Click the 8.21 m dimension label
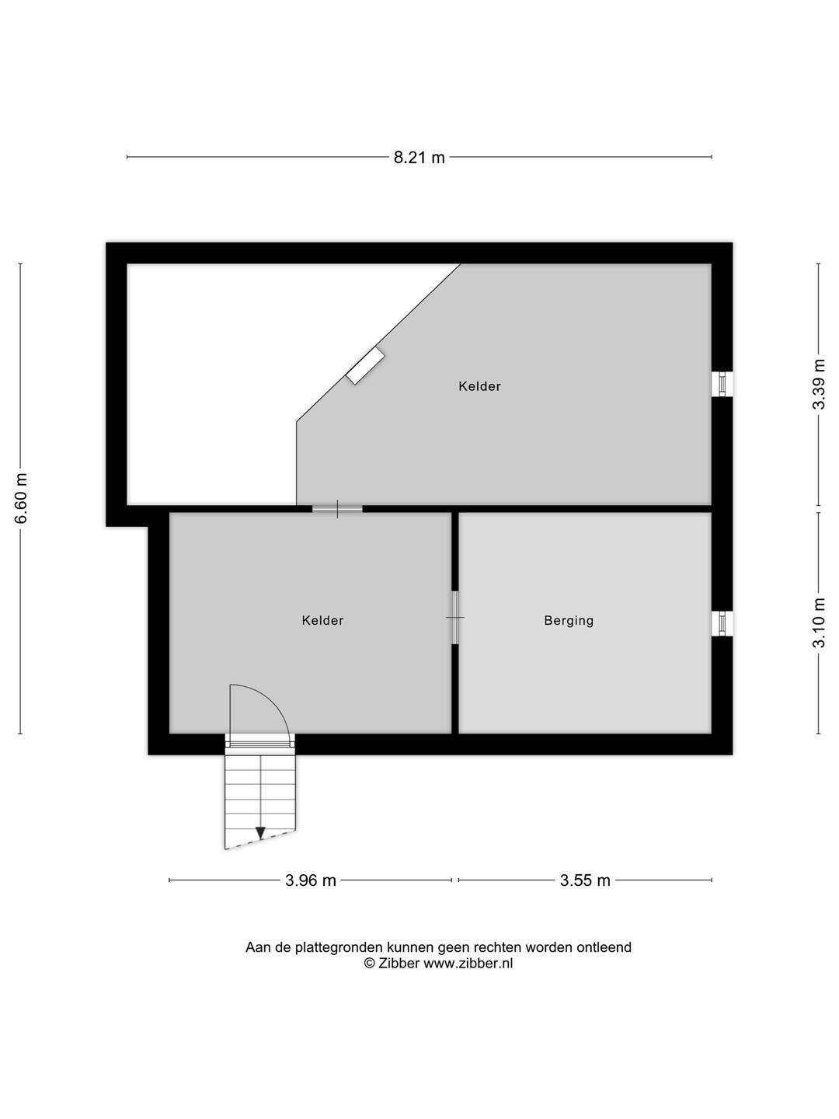(x=419, y=158)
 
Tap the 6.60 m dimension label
(x=21, y=498)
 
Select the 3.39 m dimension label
(x=819, y=384)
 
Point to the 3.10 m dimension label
(x=819, y=622)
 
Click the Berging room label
(x=569, y=621)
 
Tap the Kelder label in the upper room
(x=479, y=386)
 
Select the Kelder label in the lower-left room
(x=322, y=620)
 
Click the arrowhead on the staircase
(x=260, y=832)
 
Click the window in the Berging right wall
(x=722, y=623)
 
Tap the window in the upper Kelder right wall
(x=722, y=384)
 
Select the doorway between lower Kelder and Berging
(x=455, y=617)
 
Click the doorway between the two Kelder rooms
(x=337, y=509)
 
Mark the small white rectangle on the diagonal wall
(x=365, y=365)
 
